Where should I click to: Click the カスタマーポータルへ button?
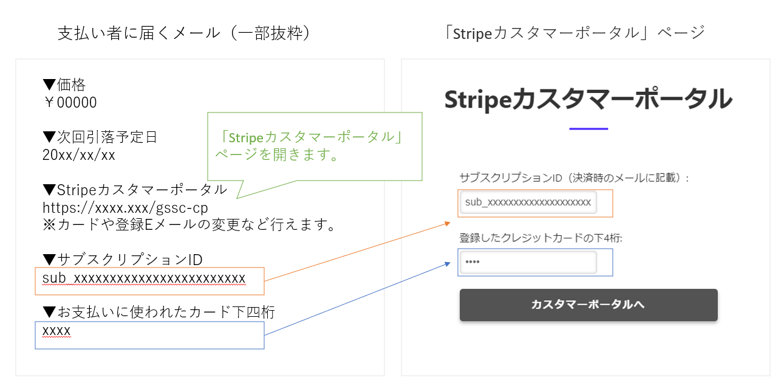(588, 305)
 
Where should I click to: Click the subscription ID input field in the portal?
(528, 202)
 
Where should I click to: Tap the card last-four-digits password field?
(528, 262)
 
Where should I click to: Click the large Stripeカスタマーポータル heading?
(588, 99)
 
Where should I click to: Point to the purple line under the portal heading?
(588, 129)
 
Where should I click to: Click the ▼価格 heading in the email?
(64, 85)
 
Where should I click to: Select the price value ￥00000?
(70, 103)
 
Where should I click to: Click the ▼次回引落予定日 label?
(100, 137)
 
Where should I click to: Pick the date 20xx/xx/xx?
(79, 154)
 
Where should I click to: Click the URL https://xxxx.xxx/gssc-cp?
(125, 207)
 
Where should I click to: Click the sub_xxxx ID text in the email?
(144, 278)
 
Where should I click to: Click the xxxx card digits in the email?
(56, 331)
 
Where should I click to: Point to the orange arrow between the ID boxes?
(358, 252)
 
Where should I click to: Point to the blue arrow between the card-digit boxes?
(358, 299)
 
